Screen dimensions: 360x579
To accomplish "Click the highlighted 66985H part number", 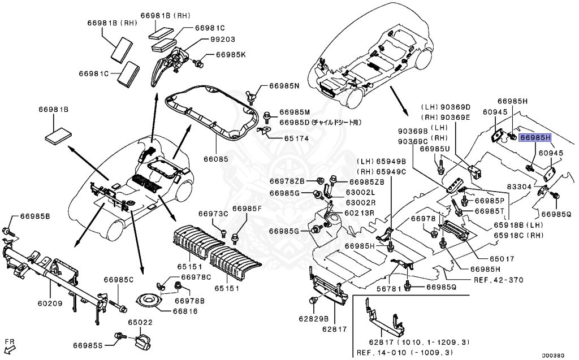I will [535, 137].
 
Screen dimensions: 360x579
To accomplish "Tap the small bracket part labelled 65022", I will [142, 342].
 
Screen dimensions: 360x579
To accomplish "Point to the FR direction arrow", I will [10, 349].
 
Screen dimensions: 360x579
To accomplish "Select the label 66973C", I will [213, 214].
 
